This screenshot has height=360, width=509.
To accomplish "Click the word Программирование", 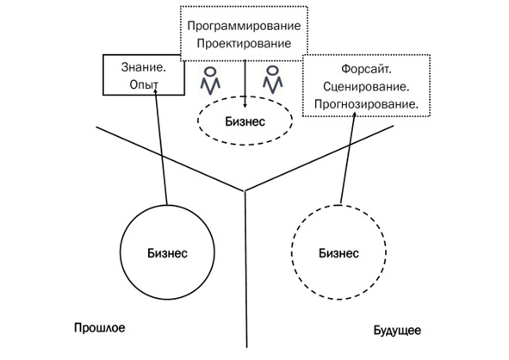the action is tap(244, 27).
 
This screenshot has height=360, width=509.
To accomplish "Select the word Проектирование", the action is tap(244, 44).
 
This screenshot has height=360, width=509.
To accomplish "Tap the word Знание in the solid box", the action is tap(142, 67).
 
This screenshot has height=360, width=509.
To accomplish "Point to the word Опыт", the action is tap(144, 84).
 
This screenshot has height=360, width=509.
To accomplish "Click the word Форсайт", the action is tap(364, 69).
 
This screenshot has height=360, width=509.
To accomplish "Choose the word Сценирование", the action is tap(366, 87).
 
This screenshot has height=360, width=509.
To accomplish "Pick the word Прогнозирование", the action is tap(366, 104).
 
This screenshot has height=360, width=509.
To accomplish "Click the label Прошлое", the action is tap(99, 328).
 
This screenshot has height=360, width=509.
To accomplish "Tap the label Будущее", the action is tap(397, 331).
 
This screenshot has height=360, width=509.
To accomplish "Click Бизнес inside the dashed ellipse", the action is tap(245, 121).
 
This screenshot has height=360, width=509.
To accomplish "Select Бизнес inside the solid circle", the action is tap(167, 253).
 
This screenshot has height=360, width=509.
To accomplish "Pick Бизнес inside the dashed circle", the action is tap(338, 253).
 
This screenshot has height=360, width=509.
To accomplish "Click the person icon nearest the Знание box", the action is tap(210, 80).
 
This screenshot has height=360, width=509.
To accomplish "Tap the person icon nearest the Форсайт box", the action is tap(273, 79).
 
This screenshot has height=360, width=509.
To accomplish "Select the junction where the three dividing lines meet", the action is tap(245, 191).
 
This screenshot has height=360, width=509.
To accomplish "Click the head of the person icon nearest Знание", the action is tap(211, 71).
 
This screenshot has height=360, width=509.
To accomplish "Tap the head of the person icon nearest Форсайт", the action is tap(273, 71).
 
